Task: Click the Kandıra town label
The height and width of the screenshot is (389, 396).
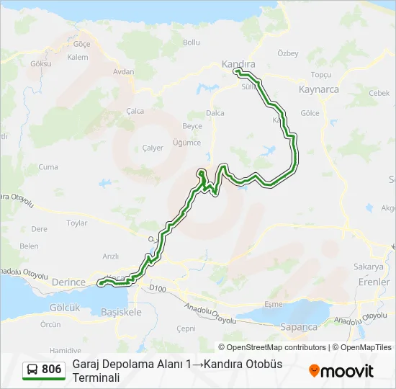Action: pyautogui.click(x=238, y=64)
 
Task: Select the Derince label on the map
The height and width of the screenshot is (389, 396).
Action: pyautogui.click(x=68, y=282)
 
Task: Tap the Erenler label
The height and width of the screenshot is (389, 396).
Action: pyautogui.click(x=374, y=282)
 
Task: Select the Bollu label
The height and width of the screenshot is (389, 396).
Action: pyautogui.click(x=191, y=43)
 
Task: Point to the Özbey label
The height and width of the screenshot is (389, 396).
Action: pyautogui.click(x=288, y=54)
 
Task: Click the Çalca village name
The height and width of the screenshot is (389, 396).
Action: pyautogui.click(x=135, y=111)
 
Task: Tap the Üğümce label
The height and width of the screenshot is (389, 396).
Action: pyautogui.click(x=187, y=143)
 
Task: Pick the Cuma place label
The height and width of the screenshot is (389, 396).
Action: pyautogui.click(x=48, y=166)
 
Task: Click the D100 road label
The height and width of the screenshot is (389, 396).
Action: pyautogui.click(x=158, y=287)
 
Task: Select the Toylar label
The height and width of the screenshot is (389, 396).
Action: pyautogui.click(x=77, y=223)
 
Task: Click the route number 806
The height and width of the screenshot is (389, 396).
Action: pyautogui.click(x=51, y=370)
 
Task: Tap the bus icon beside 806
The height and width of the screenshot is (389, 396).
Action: pyautogui.click(x=32, y=370)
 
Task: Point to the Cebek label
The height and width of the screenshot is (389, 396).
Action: pyautogui.click(x=379, y=93)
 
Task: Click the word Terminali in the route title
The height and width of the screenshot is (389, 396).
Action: pyautogui.click(x=96, y=377)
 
